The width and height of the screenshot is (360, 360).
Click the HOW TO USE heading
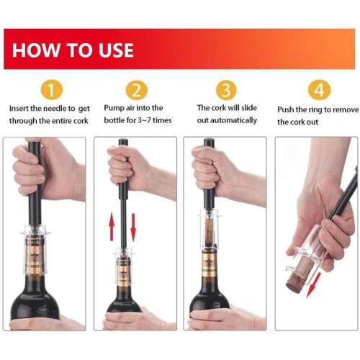73,50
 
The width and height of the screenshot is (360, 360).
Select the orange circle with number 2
136,90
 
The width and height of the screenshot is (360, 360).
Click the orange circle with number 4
318,90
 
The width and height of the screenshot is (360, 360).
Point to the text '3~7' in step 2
148,120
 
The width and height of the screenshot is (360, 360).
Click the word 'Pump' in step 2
115,108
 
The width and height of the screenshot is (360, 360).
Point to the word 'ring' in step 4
324,109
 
